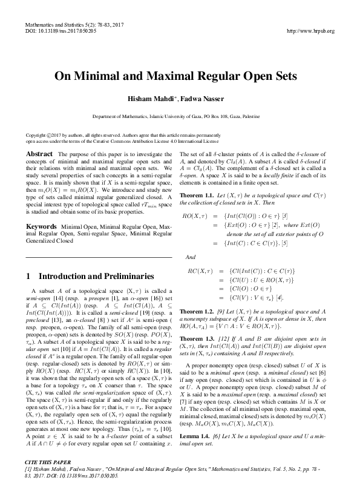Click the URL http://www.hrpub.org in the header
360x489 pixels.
[309, 31]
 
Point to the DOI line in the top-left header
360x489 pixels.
[55, 31]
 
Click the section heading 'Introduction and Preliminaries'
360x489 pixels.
[97, 276]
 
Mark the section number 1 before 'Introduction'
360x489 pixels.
[29, 276]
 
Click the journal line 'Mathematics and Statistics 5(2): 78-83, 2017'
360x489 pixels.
[74, 24]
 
